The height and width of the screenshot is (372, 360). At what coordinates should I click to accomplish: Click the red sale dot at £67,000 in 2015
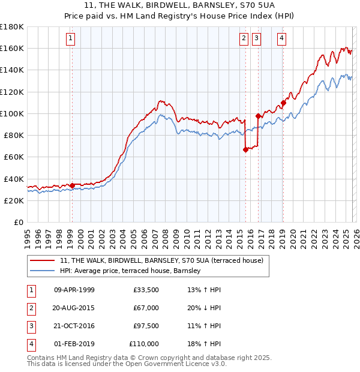coord(245,150)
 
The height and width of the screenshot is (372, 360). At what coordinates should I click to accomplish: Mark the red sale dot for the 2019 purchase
coord(283,103)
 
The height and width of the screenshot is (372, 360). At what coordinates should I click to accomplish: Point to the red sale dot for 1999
coord(72,185)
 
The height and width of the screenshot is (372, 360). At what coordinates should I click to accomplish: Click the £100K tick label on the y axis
coord(12,113)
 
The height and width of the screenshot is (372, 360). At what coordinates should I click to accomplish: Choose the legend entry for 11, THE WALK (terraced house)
coord(161,260)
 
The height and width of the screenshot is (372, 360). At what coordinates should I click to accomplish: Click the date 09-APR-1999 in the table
coord(74,290)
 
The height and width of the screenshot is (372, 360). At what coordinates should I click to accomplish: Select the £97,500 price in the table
coord(146,326)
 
